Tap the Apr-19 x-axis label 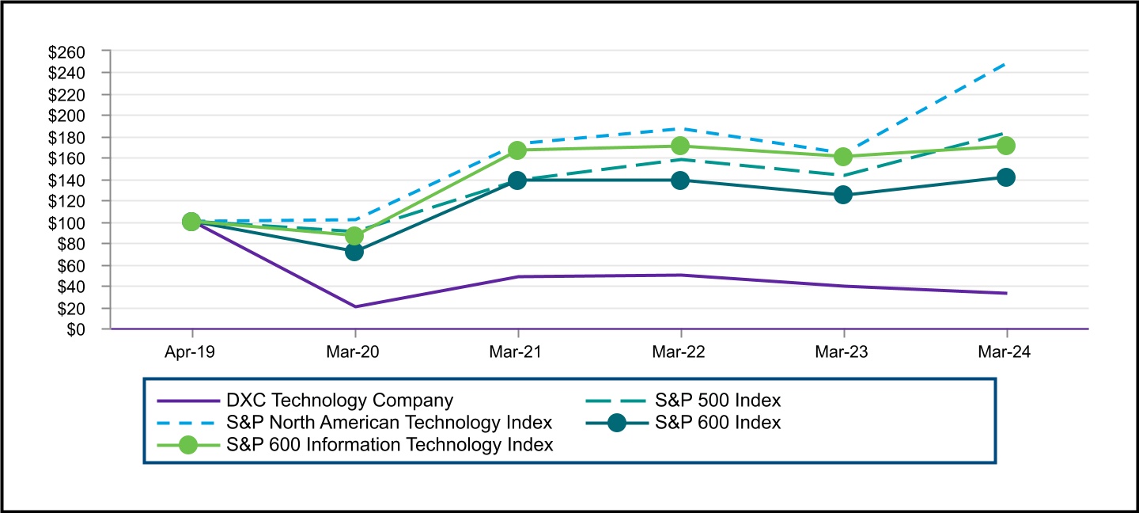coord(191,352)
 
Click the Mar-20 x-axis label coord(354,352)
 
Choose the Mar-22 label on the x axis coord(680,352)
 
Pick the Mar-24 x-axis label coord(1006,352)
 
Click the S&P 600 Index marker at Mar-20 coord(354,252)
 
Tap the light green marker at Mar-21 coord(517,150)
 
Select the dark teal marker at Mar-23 coord(843,195)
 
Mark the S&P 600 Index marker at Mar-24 coord(1006,177)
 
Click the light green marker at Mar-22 coord(680,146)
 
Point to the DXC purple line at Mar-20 coord(354,306)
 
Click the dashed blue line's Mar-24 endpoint coord(1006,63)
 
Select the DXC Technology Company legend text coord(340,401)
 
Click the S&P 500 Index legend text coord(717,401)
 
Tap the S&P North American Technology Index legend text coord(389,423)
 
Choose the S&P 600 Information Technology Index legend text coord(389,445)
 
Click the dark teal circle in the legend coord(617,423)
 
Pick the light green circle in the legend coord(188,445)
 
